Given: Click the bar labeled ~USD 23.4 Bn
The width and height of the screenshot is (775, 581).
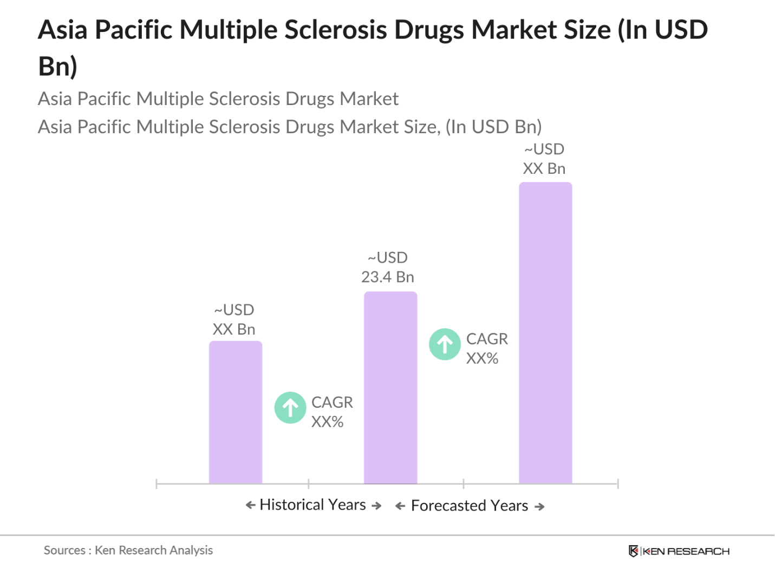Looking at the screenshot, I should [390, 387].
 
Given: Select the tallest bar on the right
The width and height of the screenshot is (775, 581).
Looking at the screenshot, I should [545, 332].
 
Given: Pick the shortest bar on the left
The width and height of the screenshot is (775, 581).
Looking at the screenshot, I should [236, 412].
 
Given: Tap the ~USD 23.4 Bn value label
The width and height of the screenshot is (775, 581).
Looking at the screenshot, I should [388, 267].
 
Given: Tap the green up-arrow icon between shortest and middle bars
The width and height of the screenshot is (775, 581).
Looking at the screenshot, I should [290, 408].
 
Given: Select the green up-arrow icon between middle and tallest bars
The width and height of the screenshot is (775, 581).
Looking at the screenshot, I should [445, 344].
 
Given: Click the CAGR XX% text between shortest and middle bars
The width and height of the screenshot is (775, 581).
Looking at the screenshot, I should [331, 412].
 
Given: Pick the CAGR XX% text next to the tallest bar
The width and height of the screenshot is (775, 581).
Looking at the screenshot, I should [486, 349].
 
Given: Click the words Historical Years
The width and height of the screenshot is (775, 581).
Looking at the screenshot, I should [312, 505].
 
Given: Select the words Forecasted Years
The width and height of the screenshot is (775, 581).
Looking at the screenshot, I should [469, 506].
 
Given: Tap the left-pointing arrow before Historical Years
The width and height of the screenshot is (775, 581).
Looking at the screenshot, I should [250, 505].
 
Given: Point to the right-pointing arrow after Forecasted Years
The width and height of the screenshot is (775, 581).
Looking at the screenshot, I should [539, 507].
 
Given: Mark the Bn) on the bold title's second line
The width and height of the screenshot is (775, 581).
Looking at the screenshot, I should [57, 67].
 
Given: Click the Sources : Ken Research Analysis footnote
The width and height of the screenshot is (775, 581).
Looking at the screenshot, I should [128, 550].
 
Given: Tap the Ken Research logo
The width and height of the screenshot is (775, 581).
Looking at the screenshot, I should [679, 551].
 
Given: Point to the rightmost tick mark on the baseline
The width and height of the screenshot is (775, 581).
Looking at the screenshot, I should [617, 484].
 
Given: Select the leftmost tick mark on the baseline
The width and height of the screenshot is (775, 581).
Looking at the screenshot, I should [157, 484].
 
